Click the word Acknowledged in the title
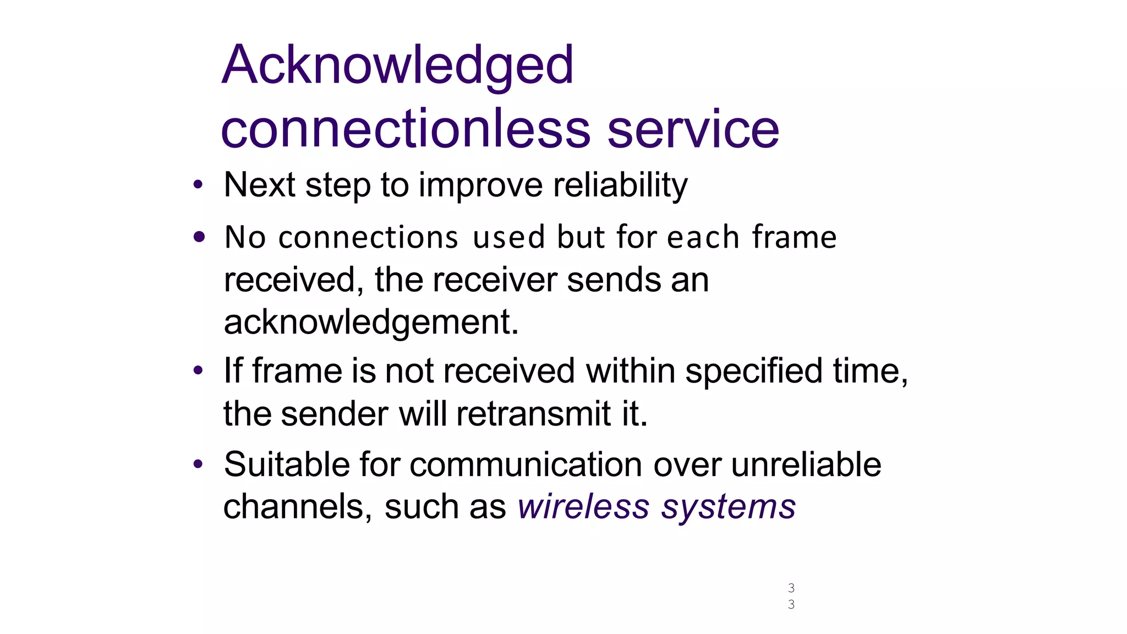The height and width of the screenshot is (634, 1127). pyautogui.click(x=397, y=65)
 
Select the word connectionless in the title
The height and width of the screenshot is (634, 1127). pyautogui.click(x=406, y=129)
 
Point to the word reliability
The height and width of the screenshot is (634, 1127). pyautogui.click(x=620, y=185)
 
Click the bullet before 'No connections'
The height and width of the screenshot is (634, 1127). pyautogui.click(x=199, y=237)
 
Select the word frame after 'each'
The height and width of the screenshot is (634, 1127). pyautogui.click(x=794, y=237)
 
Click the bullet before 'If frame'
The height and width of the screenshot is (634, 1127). pyautogui.click(x=198, y=370)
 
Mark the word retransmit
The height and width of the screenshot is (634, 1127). pyautogui.click(x=533, y=414)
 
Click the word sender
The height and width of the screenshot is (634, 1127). pyautogui.click(x=335, y=414)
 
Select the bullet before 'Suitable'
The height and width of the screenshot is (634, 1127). pyautogui.click(x=198, y=464)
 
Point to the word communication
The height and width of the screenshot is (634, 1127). pyautogui.click(x=526, y=464)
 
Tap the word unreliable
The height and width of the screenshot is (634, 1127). pyautogui.click(x=806, y=464)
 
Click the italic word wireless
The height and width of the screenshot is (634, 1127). pyautogui.click(x=583, y=507)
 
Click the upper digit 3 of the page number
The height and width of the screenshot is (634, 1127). pyautogui.click(x=791, y=588)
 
